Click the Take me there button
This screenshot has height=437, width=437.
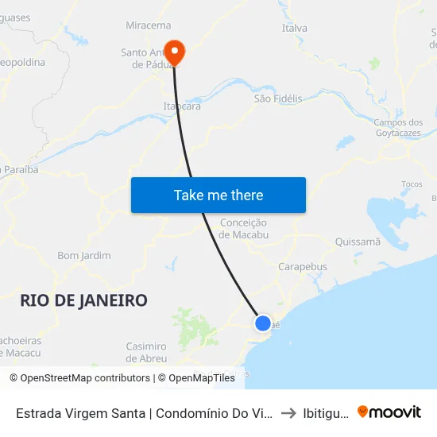pos(218,195)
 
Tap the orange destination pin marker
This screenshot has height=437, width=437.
pos(172,52)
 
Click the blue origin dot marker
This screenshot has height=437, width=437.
pos(262,323)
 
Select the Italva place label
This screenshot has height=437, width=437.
pos(294,29)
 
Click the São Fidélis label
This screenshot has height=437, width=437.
pos(277,99)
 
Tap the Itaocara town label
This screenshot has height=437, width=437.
pos(181,106)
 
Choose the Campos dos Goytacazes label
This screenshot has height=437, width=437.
pos(399,128)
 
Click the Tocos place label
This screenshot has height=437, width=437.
pos(412,184)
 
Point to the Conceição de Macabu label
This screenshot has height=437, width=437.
pos(243,229)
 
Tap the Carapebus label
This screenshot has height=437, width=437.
pos(302,267)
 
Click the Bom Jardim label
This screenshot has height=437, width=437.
pos(84,256)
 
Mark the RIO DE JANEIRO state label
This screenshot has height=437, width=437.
pos(83,300)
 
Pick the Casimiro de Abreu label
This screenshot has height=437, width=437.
pos(146,352)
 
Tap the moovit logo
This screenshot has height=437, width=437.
pos(389,412)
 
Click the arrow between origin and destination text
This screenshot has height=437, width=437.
pos(288,412)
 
